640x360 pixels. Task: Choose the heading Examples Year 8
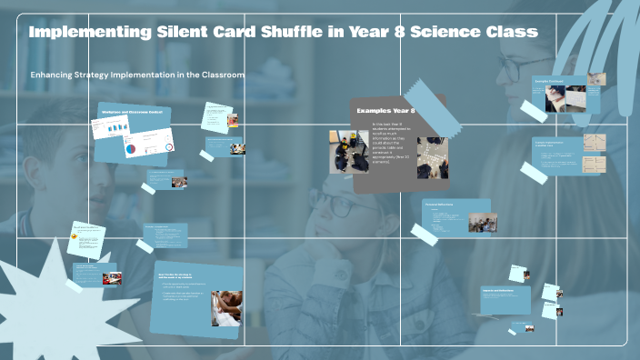tap(385, 110)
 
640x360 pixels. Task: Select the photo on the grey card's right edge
tap(432, 157)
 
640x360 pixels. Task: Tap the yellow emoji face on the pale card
tap(74, 236)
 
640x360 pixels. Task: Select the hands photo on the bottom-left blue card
tap(226, 306)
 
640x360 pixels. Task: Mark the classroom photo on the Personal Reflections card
tap(483, 223)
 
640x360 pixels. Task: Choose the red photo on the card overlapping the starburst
tap(111, 279)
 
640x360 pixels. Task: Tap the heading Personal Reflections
tap(440, 205)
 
